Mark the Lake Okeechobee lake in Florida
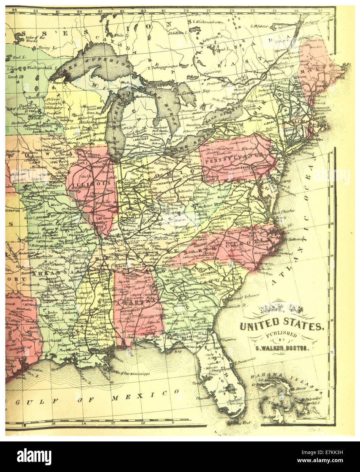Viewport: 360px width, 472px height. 232,388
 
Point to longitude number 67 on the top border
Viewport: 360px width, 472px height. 320,10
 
